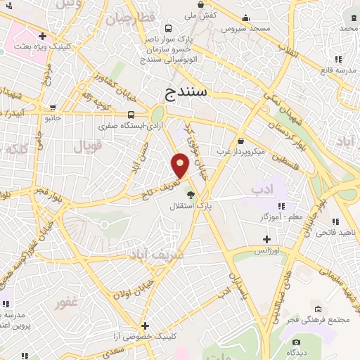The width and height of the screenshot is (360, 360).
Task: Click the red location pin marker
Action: (x=181, y=166)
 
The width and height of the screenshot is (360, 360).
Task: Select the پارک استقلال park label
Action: (x=190, y=206)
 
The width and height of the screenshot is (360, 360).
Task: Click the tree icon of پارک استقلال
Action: (x=191, y=195)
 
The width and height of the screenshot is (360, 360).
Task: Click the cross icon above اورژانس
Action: (x=266, y=240)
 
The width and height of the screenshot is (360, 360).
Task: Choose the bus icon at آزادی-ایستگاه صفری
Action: (x=131, y=114)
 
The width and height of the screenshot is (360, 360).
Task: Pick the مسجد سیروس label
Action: (x=246, y=29)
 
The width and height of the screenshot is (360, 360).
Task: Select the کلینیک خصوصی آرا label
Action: (x=145, y=337)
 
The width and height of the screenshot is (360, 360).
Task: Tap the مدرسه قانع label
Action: (x=337, y=70)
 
